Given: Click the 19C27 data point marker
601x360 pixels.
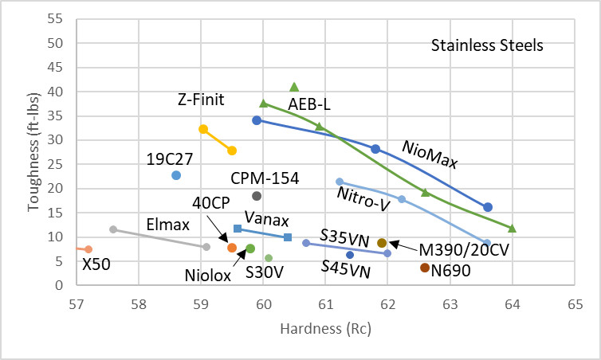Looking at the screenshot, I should [x=176, y=175].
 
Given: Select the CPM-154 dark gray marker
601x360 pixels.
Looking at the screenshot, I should [x=257, y=196].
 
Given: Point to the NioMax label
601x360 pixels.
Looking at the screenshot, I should [x=430, y=155].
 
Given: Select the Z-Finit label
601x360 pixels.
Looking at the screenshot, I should [x=201, y=100].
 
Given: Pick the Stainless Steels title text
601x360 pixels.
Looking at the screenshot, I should [x=487, y=45].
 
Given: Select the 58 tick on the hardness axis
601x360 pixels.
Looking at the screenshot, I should [x=139, y=304].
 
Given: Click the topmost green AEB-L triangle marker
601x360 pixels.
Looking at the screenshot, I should [x=294, y=87].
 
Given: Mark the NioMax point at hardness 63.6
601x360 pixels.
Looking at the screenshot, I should [x=488, y=207].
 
